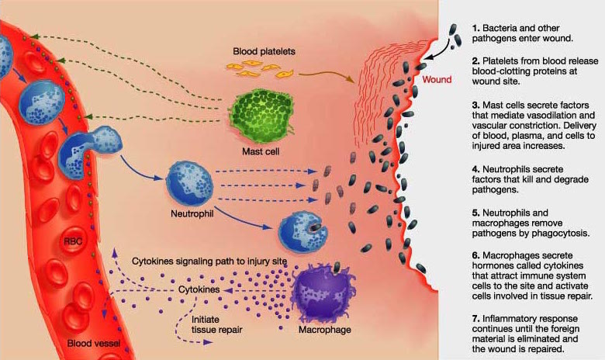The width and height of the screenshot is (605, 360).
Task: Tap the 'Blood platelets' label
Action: (264, 51)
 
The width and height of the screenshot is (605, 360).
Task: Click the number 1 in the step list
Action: (475, 29)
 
